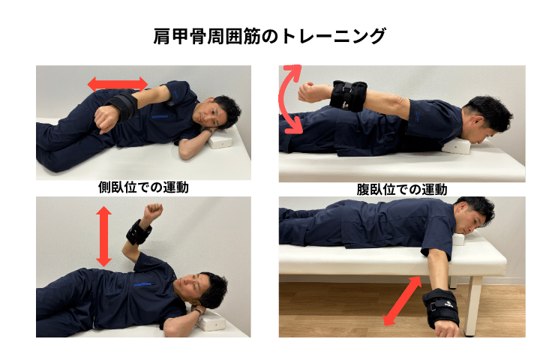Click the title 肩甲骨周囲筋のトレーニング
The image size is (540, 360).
(269, 36)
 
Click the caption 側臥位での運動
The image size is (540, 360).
(143, 187)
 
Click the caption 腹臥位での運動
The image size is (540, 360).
(402, 190)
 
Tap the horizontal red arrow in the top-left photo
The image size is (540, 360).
(118, 84)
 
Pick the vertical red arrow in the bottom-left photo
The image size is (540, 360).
(103, 236)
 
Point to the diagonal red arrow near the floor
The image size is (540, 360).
(402, 301)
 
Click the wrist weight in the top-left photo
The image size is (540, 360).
(122, 106)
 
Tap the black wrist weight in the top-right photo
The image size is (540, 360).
(348, 96)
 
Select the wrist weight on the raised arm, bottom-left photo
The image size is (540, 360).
(139, 232)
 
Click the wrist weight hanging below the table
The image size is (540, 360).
(441, 308)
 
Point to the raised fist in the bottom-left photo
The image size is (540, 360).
(153, 210)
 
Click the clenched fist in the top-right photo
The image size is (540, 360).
(308, 92)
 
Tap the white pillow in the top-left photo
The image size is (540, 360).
(220, 138)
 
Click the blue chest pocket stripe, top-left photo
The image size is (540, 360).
(160, 117)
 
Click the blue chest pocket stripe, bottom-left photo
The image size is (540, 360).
(142, 284)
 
